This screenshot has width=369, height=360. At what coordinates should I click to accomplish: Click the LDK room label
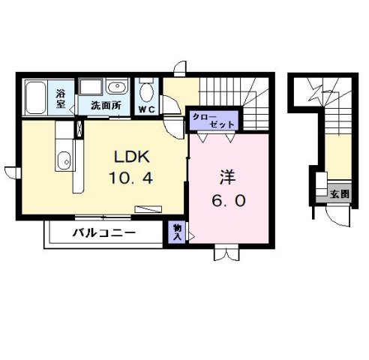pyautogui.click(x=132, y=157)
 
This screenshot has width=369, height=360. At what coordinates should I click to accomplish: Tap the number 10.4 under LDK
pyautogui.click(x=132, y=179)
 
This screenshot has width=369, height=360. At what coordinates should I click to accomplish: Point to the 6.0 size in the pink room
pyautogui.click(x=227, y=200)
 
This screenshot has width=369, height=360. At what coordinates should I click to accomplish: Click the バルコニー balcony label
pyautogui.click(x=104, y=232)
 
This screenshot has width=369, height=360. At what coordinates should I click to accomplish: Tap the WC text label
pyautogui.click(x=145, y=107)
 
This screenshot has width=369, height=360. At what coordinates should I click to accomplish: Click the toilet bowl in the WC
pyautogui.click(x=147, y=91)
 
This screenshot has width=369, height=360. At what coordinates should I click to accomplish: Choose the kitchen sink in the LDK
pyautogui.click(x=64, y=160)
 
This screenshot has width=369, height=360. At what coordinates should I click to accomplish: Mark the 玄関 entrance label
pyautogui.click(x=340, y=193)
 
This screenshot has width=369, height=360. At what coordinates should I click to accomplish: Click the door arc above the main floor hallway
pyautogui.click(x=180, y=69)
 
